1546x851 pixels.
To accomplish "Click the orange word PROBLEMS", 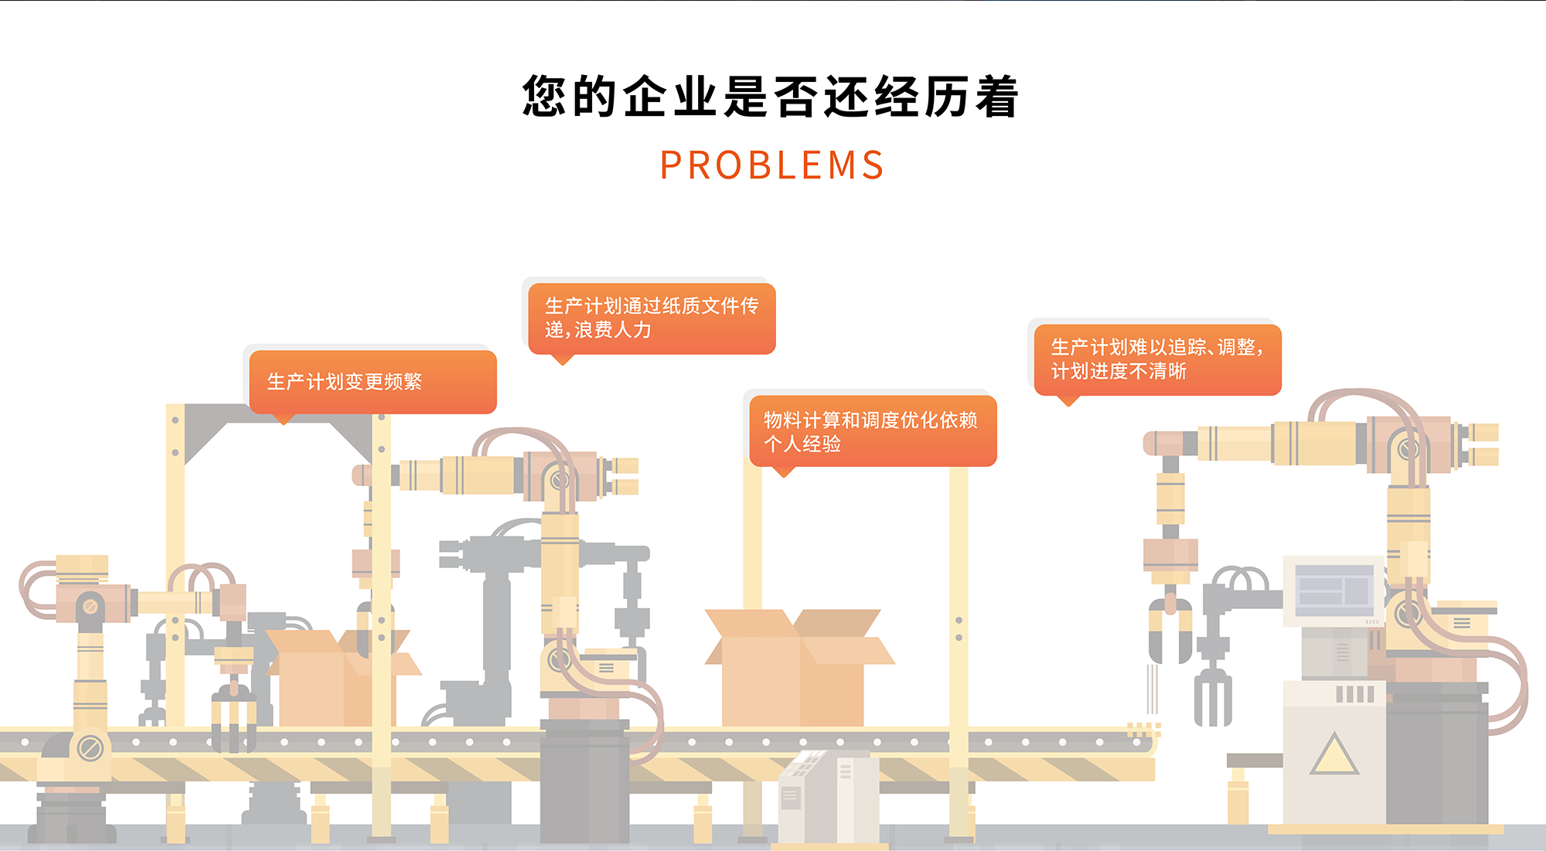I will coord(771,165).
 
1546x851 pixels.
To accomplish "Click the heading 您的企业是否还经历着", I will coord(771,97).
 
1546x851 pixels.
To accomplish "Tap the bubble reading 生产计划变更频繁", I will coord(373,382).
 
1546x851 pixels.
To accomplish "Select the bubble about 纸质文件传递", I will coord(652,318).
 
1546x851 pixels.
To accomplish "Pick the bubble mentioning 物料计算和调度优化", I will coord(872,431).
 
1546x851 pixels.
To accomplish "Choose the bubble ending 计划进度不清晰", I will coord(1157,359).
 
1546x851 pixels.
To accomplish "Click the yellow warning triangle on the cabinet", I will coord(1333,755).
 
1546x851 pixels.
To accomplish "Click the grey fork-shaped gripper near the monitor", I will coord(1212,696).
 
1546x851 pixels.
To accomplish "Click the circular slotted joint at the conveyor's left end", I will coord(90,748).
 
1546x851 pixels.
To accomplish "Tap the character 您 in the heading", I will coord(545,97).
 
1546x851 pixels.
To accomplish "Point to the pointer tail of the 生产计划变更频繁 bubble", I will coord(284,419).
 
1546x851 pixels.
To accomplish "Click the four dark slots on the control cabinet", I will coord(1354,694).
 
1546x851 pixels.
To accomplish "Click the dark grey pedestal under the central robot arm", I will coord(584,781).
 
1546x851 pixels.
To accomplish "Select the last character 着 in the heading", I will coord(996,97).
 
